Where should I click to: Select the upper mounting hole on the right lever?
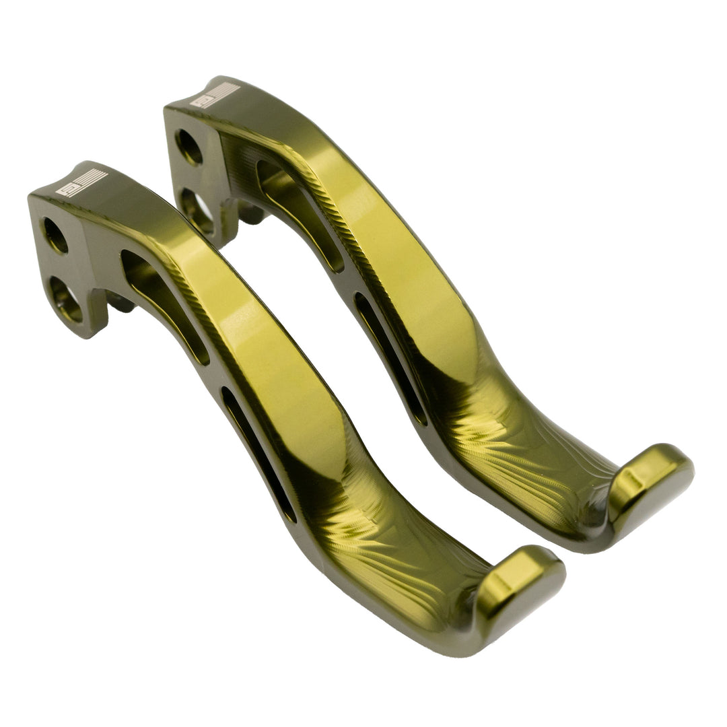coord(189,147)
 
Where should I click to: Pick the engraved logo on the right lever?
coord(215,96)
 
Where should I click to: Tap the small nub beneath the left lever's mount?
coord(120,305)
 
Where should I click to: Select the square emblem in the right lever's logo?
coord(201,102)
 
